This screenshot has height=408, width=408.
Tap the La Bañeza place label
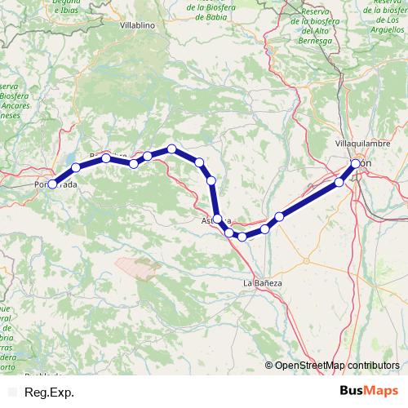[x=263, y=282]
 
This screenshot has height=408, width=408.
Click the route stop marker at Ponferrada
[x=52, y=184]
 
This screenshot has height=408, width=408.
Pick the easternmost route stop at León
[x=357, y=164]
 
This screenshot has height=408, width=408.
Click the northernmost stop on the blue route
[x=172, y=149]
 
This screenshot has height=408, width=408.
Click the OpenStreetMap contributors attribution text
[x=337, y=365]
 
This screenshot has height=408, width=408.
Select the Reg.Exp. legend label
[x=50, y=392]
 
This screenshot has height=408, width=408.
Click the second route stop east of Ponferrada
[x=106, y=158]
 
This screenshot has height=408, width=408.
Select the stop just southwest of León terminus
[x=340, y=182]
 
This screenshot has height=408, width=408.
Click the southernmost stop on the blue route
[x=242, y=237]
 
